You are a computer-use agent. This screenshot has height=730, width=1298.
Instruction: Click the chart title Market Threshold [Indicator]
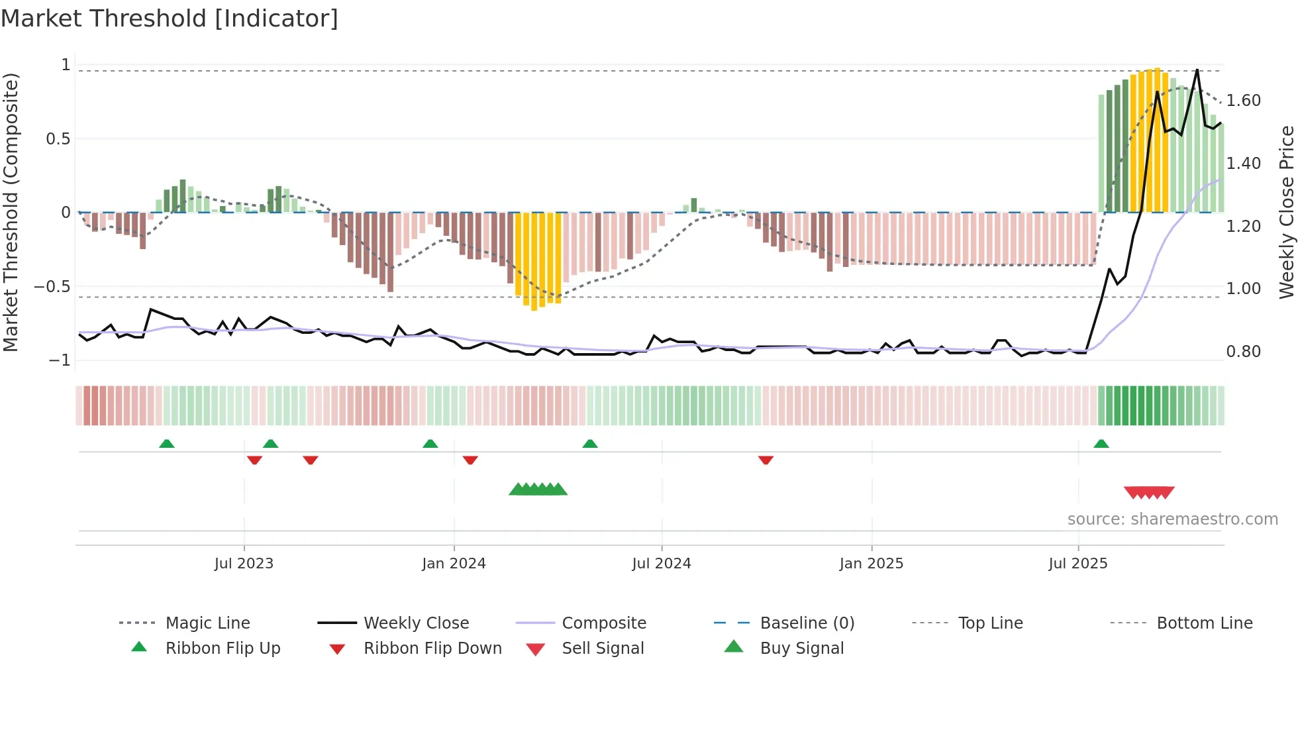[x=170, y=19]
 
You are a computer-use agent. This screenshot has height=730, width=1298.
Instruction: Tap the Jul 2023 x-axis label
[x=244, y=564]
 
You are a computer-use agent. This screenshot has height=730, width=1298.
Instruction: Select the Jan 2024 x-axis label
[x=454, y=564]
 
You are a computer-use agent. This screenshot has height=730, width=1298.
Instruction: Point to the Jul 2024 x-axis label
[x=662, y=564]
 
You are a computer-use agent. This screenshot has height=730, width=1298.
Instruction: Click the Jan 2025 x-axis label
[x=871, y=564]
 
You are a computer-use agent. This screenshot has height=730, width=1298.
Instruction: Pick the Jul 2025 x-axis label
[x=1077, y=564]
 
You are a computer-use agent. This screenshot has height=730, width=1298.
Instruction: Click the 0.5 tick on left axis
[x=58, y=139]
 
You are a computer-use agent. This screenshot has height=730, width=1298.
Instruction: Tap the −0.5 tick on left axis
[x=52, y=287]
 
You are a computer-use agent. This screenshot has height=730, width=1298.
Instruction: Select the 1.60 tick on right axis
[x=1243, y=101]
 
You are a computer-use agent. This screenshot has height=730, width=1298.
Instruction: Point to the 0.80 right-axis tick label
[x=1243, y=352]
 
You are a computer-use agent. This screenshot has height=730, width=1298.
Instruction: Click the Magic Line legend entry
[x=207, y=623]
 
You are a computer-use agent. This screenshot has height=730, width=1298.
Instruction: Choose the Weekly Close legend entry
[x=416, y=623]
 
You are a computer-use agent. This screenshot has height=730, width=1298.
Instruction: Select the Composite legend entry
[x=603, y=623]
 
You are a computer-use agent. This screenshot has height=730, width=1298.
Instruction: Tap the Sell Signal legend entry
[x=602, y=649]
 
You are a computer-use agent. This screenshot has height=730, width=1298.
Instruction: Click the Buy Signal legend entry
[x=801, y=649]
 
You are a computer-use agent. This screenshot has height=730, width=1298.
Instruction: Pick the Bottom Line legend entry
[x=1204, y=623]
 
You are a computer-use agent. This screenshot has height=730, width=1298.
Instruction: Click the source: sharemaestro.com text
[x=1172, y=519]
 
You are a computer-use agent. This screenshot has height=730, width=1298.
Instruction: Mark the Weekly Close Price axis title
[x=1286, y=212]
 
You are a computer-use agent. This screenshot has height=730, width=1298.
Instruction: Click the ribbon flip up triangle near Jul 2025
[x=1101, y=444]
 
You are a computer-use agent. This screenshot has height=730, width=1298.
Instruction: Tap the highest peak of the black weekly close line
[x=1197, y=70]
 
